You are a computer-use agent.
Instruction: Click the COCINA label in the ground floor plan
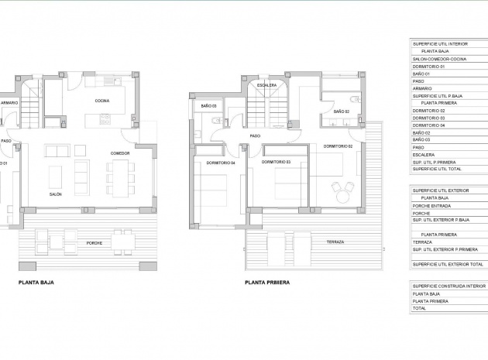coord(101,101)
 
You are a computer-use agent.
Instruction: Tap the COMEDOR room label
coord(120,153)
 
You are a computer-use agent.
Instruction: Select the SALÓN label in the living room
coord(56,194)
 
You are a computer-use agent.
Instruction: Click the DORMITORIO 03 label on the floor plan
coord(276,162)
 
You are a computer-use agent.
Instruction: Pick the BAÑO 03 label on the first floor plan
coord(208,105)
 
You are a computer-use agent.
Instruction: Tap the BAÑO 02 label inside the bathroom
coord(342,112)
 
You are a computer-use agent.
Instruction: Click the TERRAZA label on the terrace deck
coord(335,242)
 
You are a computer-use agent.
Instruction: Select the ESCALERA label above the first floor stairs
coord(267,84)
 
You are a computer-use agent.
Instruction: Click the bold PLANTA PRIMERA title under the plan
coord(266,283)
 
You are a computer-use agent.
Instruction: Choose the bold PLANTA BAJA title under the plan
coord(36,283)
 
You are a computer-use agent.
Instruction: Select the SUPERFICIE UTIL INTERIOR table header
coord(441,44)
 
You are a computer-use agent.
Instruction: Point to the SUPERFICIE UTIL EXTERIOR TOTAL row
coord(448,264)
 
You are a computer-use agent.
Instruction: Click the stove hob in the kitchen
coord(105,119)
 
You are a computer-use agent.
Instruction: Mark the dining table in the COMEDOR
coord(119,177)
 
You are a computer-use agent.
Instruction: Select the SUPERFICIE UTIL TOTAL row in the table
coord(437,168)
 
